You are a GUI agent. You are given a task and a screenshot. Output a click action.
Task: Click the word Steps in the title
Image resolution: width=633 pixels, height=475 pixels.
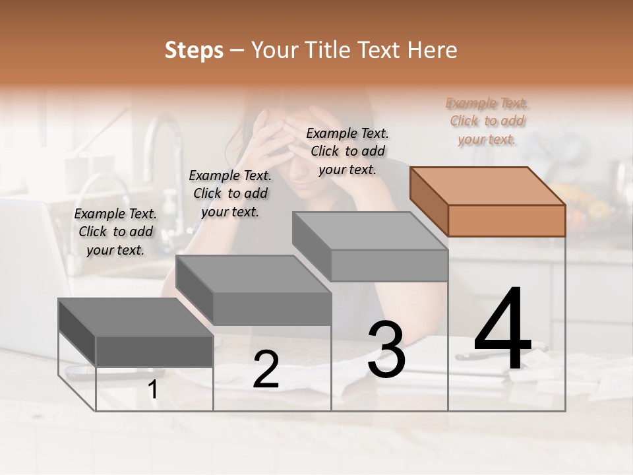(x=194, y=50)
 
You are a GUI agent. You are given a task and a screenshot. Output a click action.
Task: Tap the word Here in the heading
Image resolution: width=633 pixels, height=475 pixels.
(x=431, y=50)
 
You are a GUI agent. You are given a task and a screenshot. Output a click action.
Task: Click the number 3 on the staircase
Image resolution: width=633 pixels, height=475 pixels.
(x=386, y=350)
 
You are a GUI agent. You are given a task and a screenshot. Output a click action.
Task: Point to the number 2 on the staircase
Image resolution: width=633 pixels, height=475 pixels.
(x=266, y=369)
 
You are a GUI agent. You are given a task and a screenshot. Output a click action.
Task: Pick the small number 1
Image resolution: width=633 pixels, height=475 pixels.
(x=153, y=390)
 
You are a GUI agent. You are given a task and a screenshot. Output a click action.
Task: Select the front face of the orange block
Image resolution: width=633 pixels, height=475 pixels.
(x=506, y=220)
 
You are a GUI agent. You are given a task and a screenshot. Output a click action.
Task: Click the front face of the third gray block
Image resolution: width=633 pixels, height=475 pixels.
(x=389, y=265)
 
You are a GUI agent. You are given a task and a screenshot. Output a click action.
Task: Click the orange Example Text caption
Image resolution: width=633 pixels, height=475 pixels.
(x=487, y=121)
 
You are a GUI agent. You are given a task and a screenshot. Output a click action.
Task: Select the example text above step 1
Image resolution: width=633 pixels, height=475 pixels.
(x=115, y=232)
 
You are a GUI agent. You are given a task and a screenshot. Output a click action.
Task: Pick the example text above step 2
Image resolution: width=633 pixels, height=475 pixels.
(x=230, y=193)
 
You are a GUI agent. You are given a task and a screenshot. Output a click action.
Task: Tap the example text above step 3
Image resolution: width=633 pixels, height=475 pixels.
(x=347, y=151)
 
